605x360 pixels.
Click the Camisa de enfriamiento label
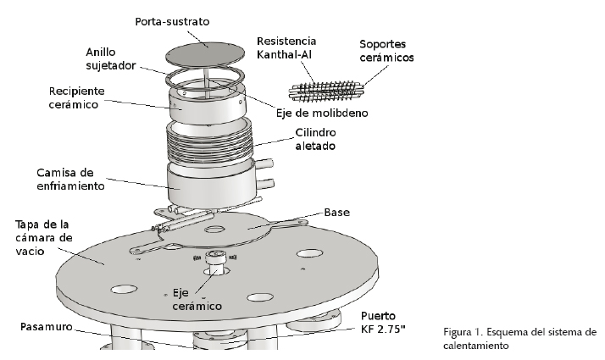coord(70,179)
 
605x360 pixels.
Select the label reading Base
coord(337,212)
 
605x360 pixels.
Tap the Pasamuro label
coord(47,327)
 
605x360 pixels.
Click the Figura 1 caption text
coord(520,338)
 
